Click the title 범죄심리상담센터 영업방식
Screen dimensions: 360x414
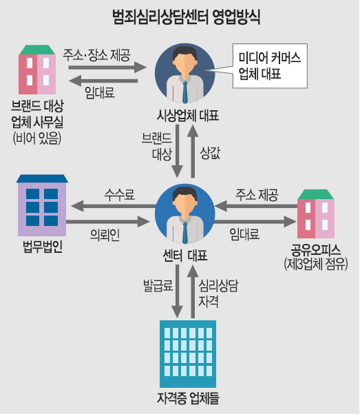[186, 17]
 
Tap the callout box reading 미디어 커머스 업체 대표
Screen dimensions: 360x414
[270, 65]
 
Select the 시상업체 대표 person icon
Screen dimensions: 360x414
[184, 73]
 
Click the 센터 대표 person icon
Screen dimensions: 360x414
[184, 214]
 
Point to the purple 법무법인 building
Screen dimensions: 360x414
[42, 205]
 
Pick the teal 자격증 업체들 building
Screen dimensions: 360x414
[188, 354]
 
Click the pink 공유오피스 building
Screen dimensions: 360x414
[316, 214]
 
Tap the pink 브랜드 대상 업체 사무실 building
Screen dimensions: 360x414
[37, 70]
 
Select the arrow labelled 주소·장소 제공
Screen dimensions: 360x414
[107, 68]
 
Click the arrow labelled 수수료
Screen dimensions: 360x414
[114, 206]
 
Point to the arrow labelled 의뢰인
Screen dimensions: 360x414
[107, 222]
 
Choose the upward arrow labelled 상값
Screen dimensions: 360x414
[193, 152]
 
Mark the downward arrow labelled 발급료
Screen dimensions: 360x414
[177, 291]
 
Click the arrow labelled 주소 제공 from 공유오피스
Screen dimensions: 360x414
[256, 206]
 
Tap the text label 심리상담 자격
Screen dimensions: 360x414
[218, 293]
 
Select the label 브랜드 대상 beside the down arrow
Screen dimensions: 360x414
[157, 146]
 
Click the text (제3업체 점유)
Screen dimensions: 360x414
[316, 264]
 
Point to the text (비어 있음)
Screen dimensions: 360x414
[37, 138]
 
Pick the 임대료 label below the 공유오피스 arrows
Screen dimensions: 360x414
[244, 234]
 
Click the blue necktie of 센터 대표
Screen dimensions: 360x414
[185, 232]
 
